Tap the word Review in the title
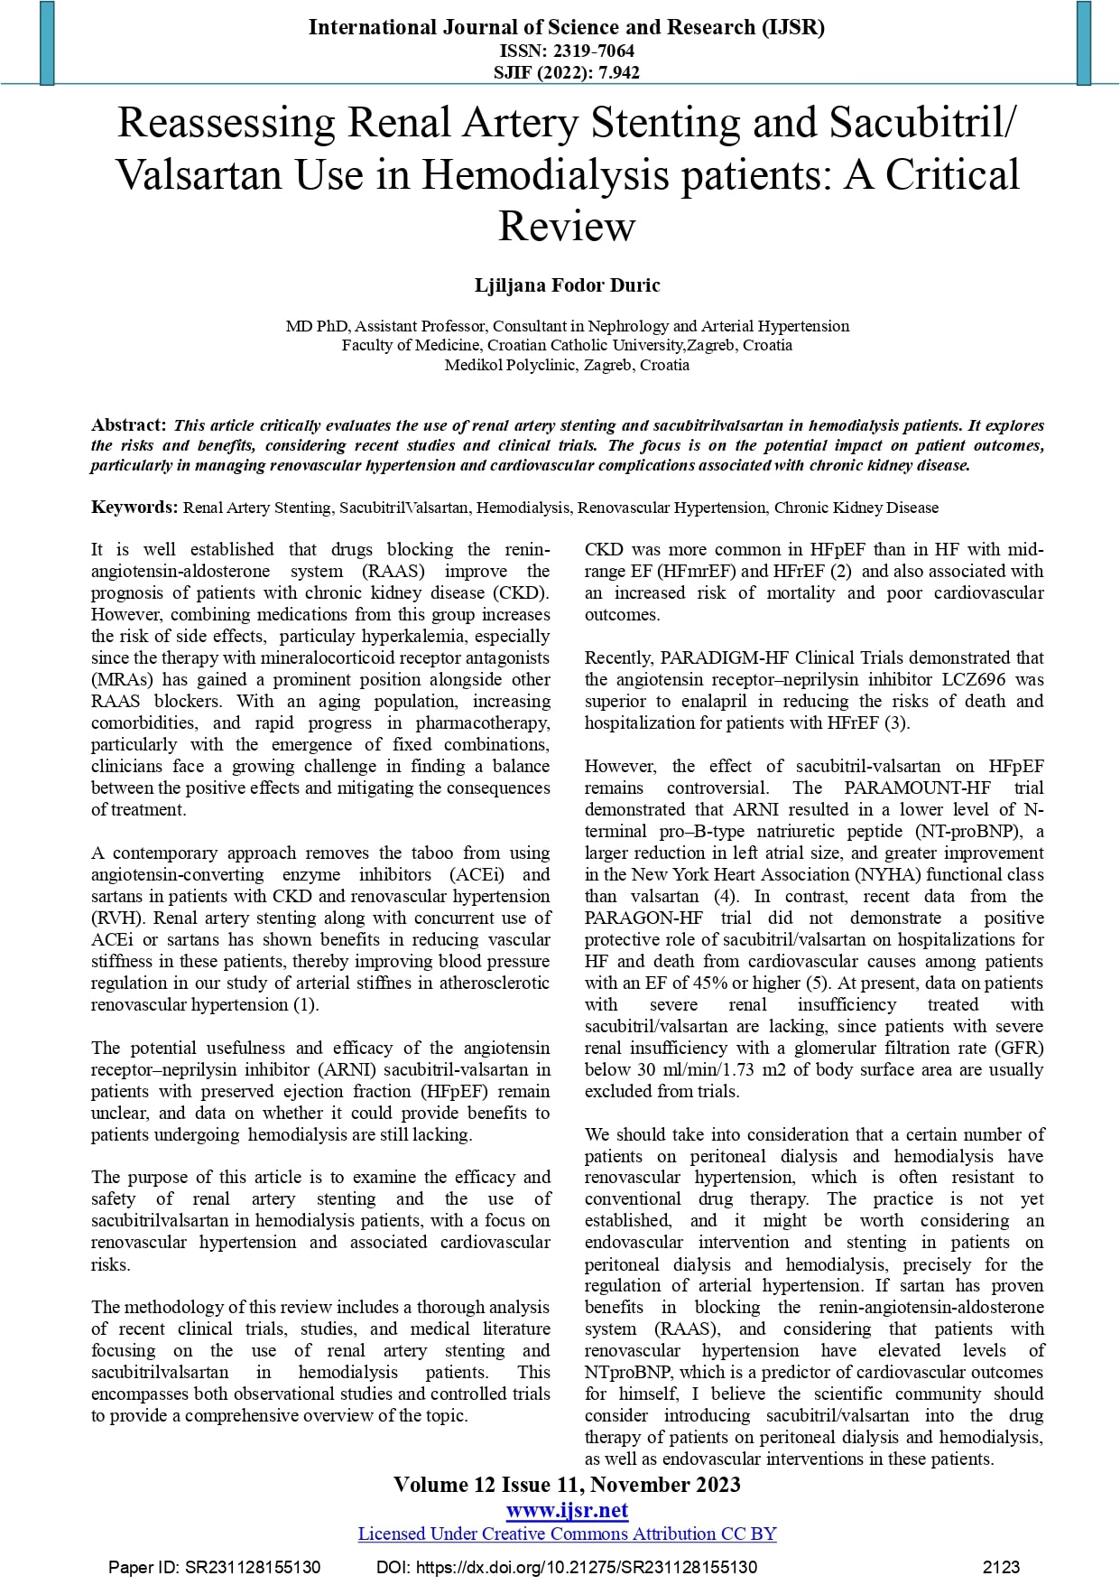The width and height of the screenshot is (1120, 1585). coord(567,226)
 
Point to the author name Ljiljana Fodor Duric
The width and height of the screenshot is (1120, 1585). coord(567,285)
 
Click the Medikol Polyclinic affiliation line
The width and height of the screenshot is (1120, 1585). coord(567,365)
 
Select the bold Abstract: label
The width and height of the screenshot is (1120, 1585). coord(128,424)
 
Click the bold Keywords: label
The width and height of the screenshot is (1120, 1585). coord(134,507)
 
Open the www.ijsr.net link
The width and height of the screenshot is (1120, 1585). coord(567,1510)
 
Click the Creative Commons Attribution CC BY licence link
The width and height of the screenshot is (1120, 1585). coord(567,1534)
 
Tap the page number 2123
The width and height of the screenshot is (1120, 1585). coord(1001,1567)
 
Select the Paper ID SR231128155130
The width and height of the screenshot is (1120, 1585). coord(253,1567)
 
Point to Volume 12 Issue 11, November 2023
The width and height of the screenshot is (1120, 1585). coord(567,1485)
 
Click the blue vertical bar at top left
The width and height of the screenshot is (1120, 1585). coord(47,42)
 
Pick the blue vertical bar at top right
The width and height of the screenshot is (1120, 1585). coord(1084,42)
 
